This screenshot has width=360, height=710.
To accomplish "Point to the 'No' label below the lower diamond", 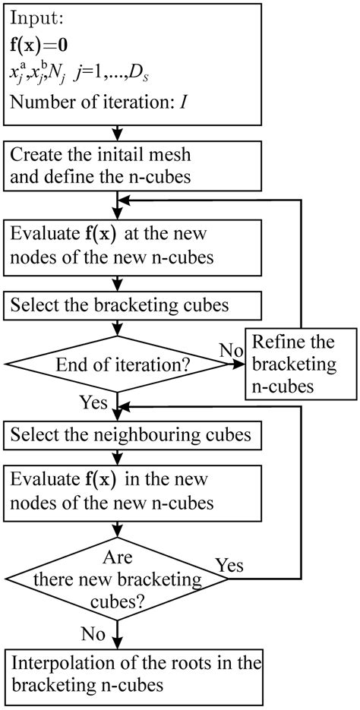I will click(93, 632).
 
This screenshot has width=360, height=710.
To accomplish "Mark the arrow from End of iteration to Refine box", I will click(234, 365).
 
